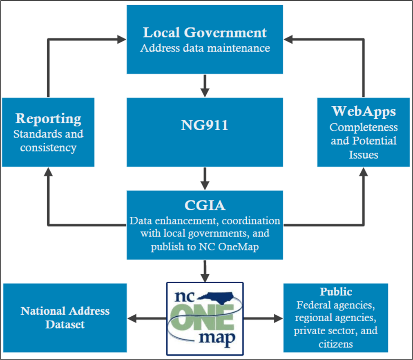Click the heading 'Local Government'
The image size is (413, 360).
(x=205, y=33)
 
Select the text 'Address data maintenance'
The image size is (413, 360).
(x=205, y=48)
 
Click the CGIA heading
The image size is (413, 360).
(x=205, y=205)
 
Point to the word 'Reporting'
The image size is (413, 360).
(x=48, y=119)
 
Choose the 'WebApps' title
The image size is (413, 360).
(x=364, y=111)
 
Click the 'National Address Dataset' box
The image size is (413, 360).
(x=65, y=318)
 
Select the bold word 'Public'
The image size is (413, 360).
(x=336, y=292)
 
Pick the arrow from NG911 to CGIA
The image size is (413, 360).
(x=205, y=178)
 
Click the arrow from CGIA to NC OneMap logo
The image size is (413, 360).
(x=205, y=270)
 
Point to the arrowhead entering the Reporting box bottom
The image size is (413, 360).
(x=48, y=172)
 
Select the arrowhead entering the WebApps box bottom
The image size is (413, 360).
(x=363, y=172)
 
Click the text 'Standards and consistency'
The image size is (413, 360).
(x=48, y=140)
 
